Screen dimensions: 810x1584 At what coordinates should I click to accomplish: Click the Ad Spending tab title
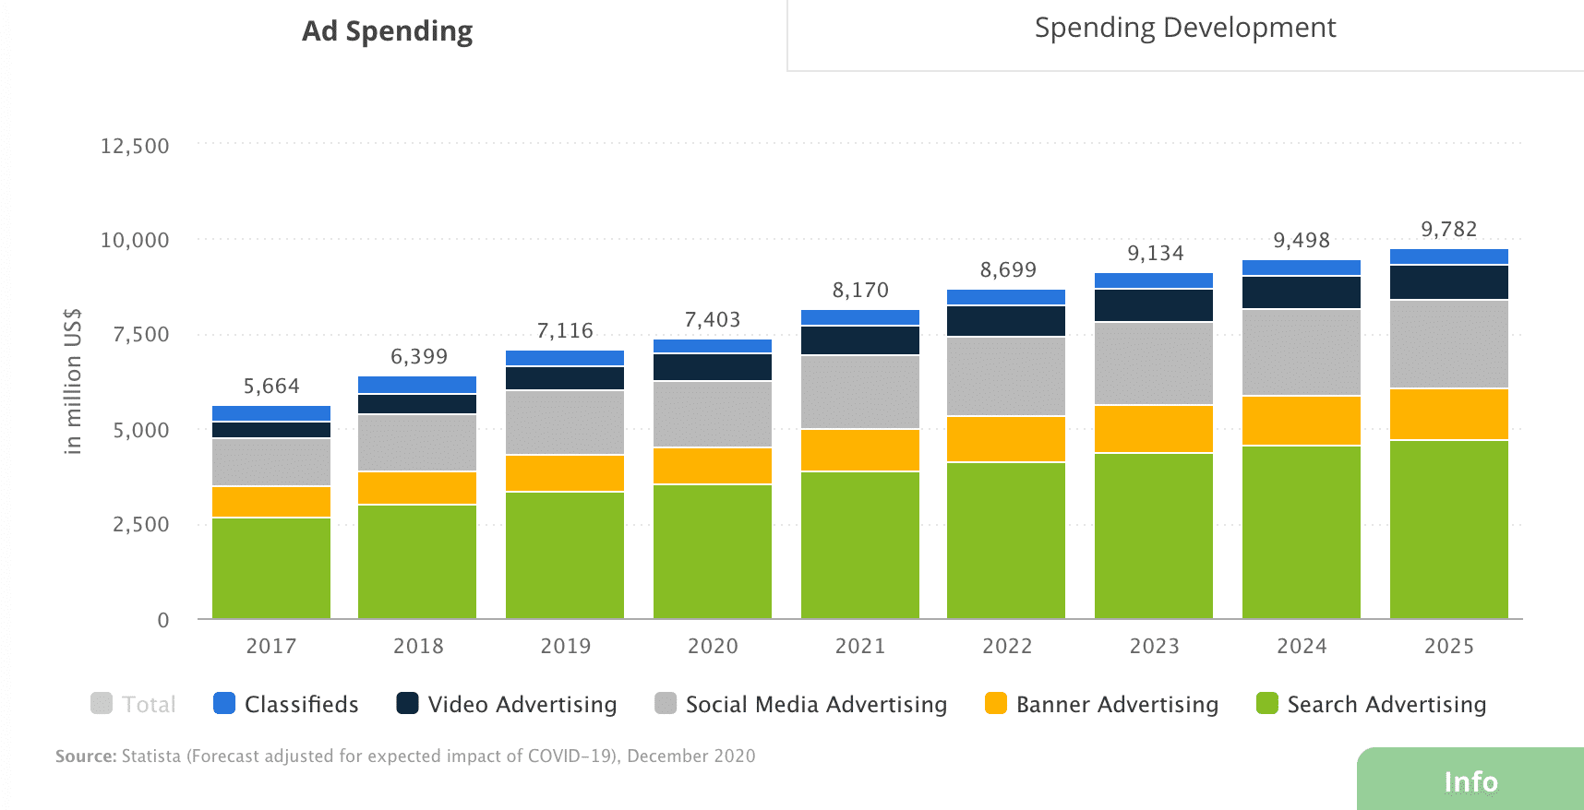[x=387, y=31]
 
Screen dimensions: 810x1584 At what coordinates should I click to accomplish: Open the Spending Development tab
[x=1184, y=28]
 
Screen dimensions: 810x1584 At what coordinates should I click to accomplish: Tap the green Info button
[x=1470, y=780]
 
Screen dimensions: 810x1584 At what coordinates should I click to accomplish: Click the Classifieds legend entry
[x=286, y=704]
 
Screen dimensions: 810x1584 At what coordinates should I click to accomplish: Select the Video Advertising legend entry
[x=507, y=704]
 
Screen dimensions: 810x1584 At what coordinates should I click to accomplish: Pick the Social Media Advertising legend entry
[x=801, y=704]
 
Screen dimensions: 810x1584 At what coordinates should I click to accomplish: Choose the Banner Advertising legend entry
[x=1102, y=704]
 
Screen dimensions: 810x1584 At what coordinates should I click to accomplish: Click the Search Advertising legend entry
[x=1372, y=704]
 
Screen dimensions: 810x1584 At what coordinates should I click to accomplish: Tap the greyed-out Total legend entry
[x=134, y=704]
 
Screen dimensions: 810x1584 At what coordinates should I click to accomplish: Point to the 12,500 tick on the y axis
[x=135, y=146]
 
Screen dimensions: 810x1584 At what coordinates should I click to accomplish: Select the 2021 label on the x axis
[x=859, y=646]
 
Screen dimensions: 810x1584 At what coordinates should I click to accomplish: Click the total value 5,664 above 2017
[x=271, y=386]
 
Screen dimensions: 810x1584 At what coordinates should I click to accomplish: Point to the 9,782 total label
[x=1448, y=229]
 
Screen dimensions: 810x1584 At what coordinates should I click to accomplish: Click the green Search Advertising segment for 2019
[x=565, y=554]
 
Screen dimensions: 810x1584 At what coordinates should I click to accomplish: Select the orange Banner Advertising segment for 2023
[x=1154, y=429]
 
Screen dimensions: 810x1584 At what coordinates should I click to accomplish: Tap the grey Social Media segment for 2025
[x=1448, y=343]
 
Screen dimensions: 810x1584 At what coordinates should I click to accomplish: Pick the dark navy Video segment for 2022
[x=1006, y=321]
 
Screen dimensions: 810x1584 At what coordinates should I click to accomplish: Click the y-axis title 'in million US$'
[x=73, y=381]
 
